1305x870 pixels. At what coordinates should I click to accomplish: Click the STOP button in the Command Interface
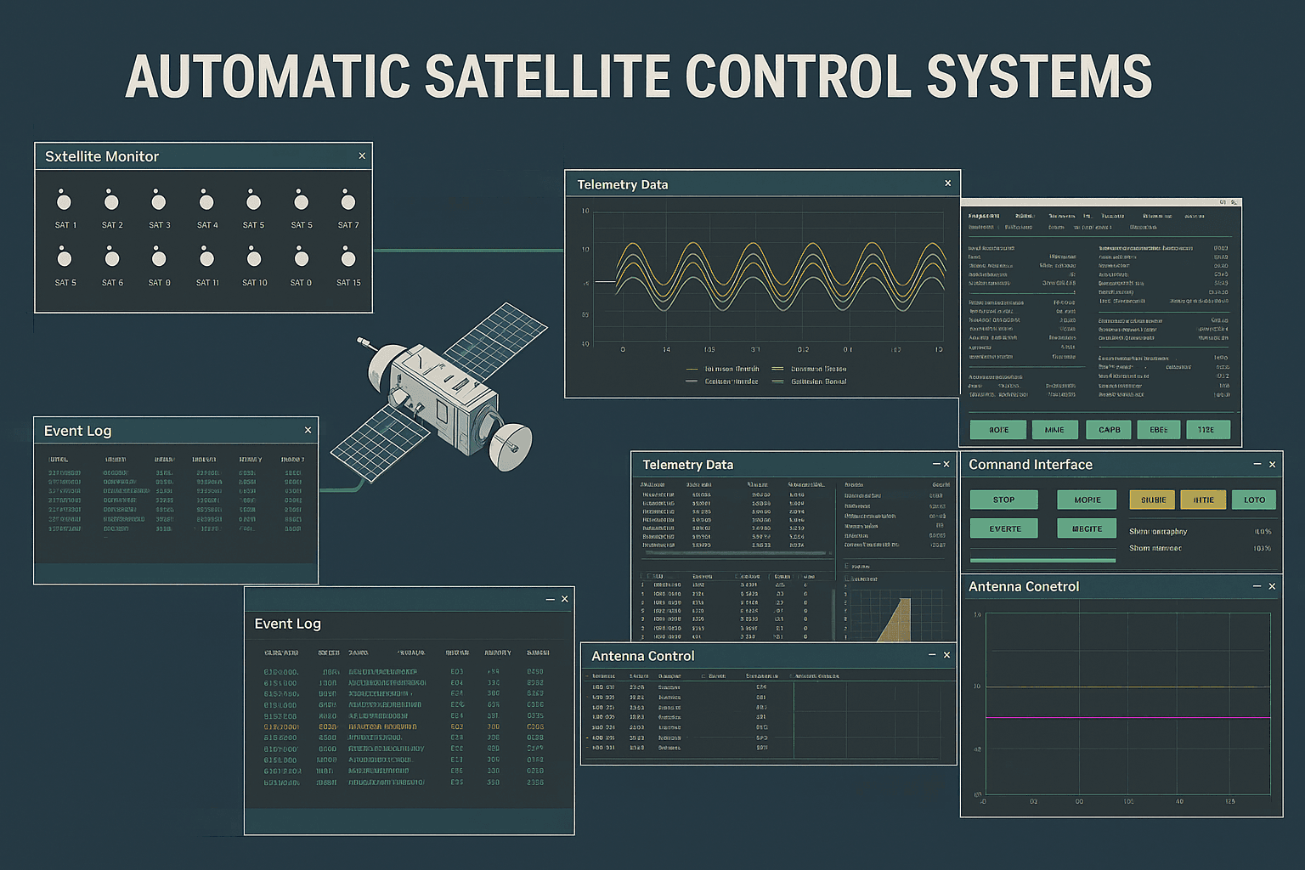coord(1003,500)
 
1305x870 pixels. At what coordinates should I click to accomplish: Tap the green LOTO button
coord(1254,500)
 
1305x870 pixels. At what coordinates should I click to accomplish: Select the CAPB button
coord(1109,430)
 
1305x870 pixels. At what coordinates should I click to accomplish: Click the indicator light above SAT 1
coord(64,201)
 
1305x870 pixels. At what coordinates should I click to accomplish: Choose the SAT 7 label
coord(348,225)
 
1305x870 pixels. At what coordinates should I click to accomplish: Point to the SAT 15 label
coord(348,283)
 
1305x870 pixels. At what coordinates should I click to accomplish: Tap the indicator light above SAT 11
coord(206,257)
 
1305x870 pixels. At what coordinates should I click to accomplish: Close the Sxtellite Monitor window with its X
coord(362,156)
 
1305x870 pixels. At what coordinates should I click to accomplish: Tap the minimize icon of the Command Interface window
coord(1257,464)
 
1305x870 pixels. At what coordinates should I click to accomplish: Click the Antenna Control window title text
coord(642,656)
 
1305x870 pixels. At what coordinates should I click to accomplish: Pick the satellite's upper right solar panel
coord(497,340)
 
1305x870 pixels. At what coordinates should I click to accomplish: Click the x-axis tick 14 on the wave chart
coord(666,349)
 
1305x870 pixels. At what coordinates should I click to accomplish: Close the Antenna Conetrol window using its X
coord(1272,586)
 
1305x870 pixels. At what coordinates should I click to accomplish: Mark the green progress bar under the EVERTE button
coord(1042,560)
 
